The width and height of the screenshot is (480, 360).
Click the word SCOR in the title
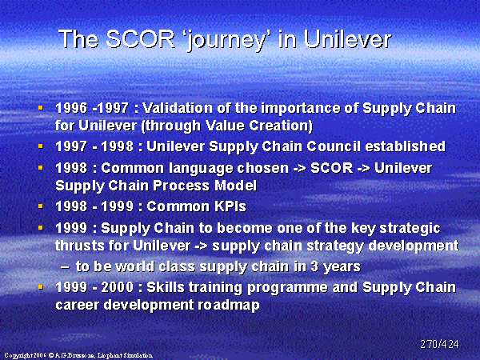pos(141,39)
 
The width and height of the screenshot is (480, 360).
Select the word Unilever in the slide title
pos(348,39)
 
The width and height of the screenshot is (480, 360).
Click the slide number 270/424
pos(439,344)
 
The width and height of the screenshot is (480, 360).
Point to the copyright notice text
pos(78,355)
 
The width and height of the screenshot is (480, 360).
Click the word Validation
pos(178,108)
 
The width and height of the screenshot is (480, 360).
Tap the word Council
pos(334,146)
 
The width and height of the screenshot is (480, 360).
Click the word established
pos(405,146)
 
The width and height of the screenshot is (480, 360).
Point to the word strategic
pos(410,229)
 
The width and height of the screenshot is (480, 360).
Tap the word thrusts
pos(80,246)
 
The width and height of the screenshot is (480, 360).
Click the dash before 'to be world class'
pos(65,267)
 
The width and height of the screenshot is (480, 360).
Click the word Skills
pos(166,287)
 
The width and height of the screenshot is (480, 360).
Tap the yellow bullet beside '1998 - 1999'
pos(41,206)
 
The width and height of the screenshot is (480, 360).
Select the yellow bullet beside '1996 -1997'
pos(41,108)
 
